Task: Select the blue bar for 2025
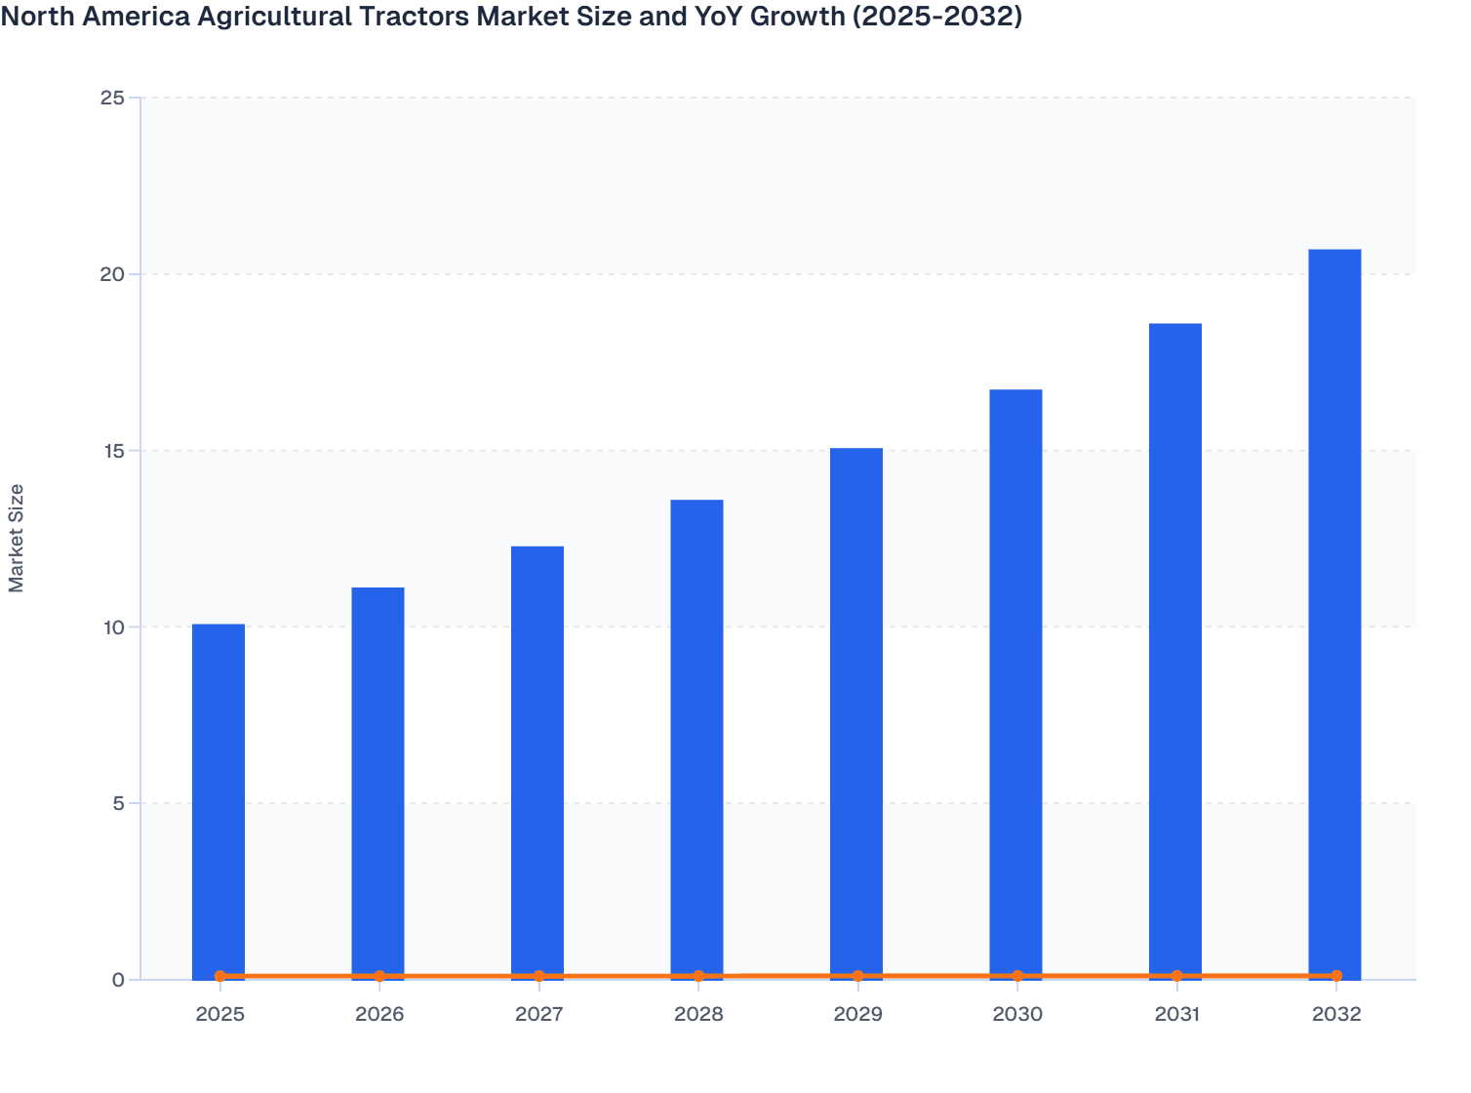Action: coord(219,800)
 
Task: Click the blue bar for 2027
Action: coord(537,761)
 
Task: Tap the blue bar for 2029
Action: coord(856,712)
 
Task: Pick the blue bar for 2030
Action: coord(1015,683)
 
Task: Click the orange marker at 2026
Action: coord(379,976)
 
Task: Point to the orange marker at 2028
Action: coord(698,976)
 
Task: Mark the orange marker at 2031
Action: coord(1176,976)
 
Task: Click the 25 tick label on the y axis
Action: coord(113,98)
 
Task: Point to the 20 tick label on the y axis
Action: coord(113,274)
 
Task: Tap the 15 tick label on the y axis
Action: coord(113,451)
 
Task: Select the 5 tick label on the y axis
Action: coord(119,803)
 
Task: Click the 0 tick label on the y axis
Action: coord(119,980)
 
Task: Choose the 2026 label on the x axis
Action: coord(379,1014)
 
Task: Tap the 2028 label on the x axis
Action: coord(698,1014)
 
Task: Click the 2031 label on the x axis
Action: coord(1176,1014)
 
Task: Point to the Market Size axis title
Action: coord(17,538)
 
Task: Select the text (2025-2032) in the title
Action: coord(937,16)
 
